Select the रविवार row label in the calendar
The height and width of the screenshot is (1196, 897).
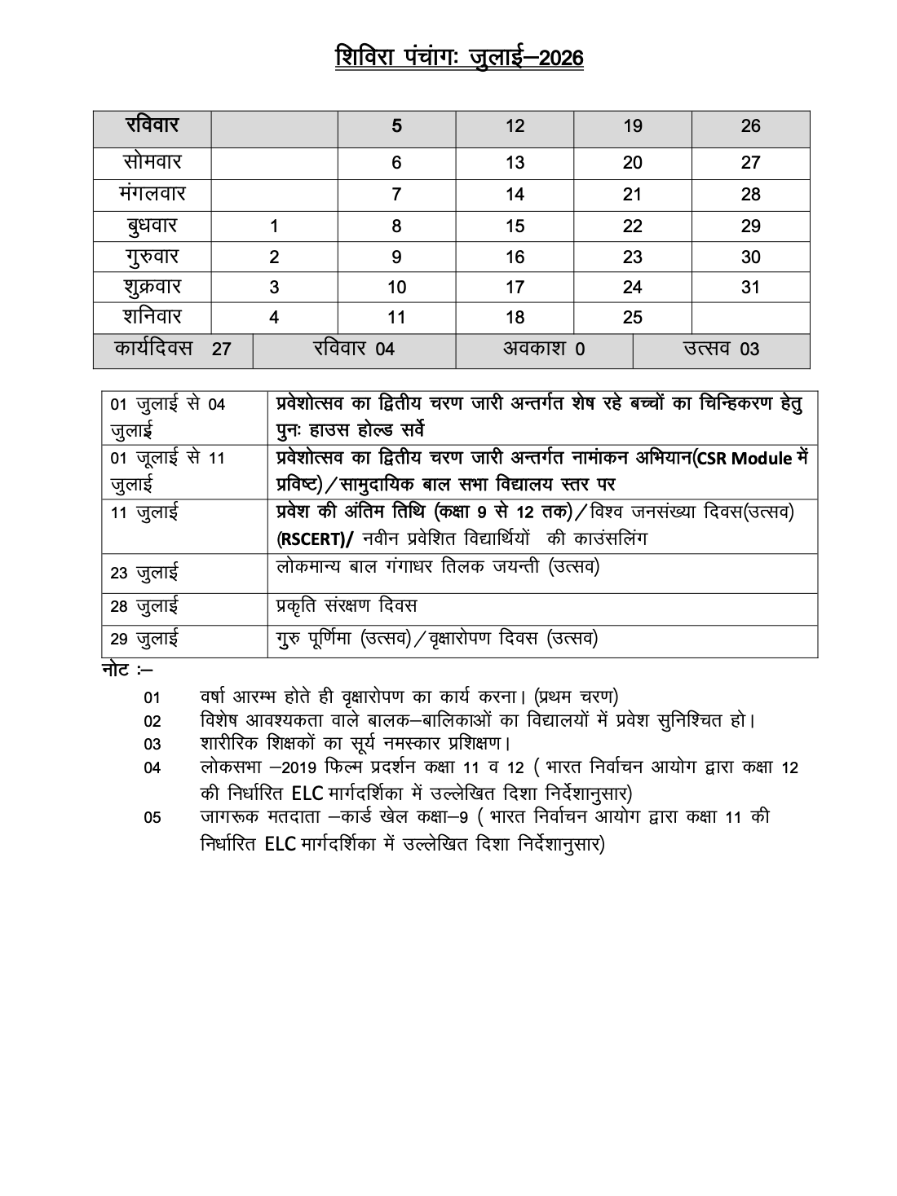(152, 126)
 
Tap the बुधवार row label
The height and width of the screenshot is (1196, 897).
(152, 226)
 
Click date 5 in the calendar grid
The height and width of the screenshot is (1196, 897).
(396, 126)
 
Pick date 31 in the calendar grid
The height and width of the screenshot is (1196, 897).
(750, 287)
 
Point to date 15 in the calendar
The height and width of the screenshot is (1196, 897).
(515, 226)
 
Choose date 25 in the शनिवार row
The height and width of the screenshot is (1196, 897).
(632, 318)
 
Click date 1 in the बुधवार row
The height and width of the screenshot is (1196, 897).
(274, 226)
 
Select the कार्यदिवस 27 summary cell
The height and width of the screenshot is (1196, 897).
(172, 350)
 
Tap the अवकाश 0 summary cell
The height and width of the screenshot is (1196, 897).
(544, 350)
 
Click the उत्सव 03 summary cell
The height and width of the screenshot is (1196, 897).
(721, 350)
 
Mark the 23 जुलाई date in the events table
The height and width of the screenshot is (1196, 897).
(144, 574)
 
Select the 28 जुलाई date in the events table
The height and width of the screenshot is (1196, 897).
(144, 607)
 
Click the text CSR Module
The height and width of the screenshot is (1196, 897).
(745, 459)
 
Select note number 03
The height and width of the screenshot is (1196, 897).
(152, 744)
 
